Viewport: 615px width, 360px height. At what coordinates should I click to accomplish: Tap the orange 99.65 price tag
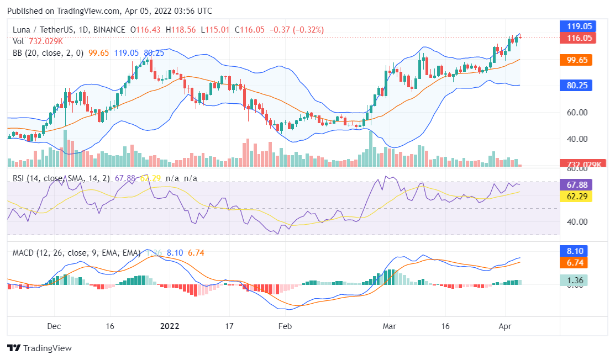tap(575, 60)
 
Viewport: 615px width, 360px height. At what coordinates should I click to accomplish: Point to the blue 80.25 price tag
tap(575, 86)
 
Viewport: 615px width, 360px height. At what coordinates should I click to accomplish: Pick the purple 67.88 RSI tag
tap(575, 185)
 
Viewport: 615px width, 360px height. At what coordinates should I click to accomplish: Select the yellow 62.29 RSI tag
tap(575, 197)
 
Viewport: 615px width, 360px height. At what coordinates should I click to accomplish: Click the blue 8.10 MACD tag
tap(575, 251)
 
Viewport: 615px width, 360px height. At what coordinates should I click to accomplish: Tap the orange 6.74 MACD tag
tap(575, 262)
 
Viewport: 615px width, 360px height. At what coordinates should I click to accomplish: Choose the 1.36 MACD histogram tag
tap(575, 280)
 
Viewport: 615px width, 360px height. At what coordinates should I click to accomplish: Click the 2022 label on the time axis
tap(169, 326)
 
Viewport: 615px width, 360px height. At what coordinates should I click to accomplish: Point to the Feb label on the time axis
tap(284, 326)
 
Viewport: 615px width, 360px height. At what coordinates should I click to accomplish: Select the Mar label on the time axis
tap(390, 326)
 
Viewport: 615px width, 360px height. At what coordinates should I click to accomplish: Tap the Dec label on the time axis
tap(54, 326)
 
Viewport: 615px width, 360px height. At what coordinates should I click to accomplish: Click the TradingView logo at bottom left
tap(39, 348)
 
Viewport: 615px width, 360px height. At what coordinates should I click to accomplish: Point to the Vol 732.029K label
tap(37, 41)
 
